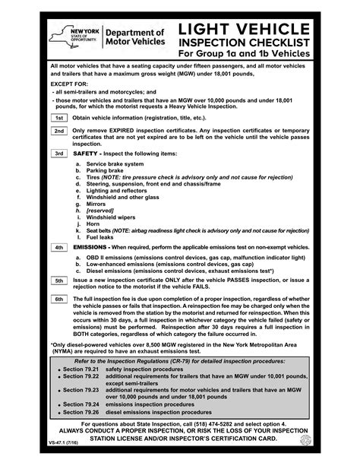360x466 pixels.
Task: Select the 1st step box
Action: (58, 119)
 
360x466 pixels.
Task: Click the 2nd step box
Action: (58, 131)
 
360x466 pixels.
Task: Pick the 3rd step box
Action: (58, 153)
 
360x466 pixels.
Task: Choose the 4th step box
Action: (58, 247)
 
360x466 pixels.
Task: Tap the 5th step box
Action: (58, 281)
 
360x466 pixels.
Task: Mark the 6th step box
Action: (58, 300)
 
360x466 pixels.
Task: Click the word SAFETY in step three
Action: (86, 153)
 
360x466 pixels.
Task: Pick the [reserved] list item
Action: (101, 211)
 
